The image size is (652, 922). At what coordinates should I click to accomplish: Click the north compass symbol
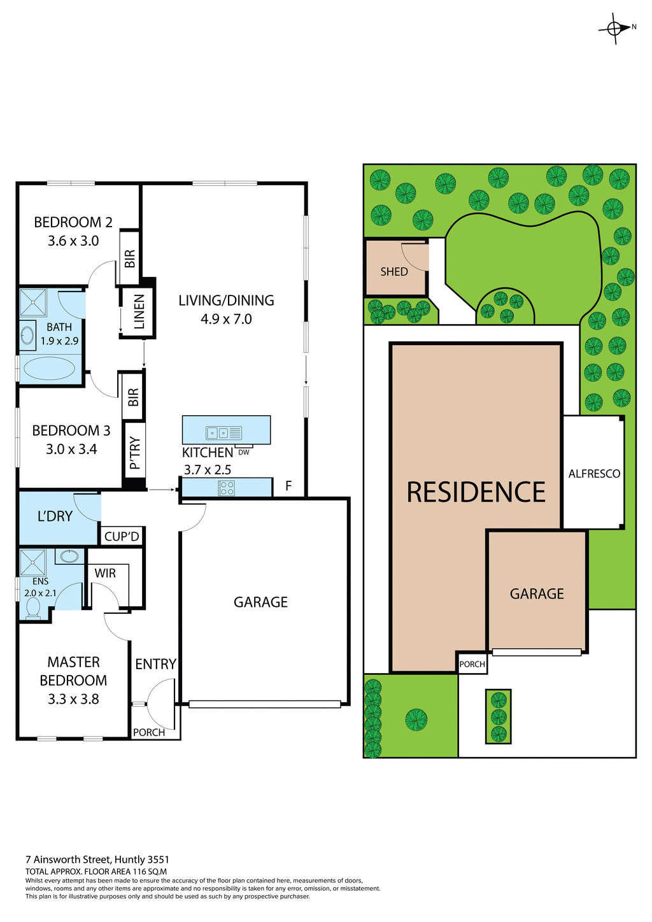tap(614, 28)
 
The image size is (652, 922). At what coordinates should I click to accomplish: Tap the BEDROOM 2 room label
tap(73, 222)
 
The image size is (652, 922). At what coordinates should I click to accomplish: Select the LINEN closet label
tap(139, 312)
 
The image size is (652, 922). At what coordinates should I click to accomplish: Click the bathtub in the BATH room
tap(49, 368)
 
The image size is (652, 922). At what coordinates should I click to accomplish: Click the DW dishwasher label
tap(244, 452)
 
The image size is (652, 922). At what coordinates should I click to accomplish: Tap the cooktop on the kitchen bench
tap(226, 488)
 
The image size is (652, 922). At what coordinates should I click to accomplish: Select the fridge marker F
tap(288, 486)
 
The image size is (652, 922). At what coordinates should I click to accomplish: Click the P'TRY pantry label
tap(134, 453)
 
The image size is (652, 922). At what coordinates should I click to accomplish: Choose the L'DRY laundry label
tap(55, 516)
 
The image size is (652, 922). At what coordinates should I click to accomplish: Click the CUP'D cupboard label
tap(122, 537)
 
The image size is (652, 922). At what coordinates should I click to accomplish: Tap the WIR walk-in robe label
tap(105, 573)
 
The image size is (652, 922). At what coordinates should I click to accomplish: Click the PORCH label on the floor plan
tap(149, 732)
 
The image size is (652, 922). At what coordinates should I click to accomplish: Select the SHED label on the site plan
tap(394, 272)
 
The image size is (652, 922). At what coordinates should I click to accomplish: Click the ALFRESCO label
tap(594, 474)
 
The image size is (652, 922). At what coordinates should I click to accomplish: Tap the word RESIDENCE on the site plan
tap(476, 492)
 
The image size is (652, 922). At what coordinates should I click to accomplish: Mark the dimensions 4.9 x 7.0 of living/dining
tap(226, 319)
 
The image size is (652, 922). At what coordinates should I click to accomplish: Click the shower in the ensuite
tap(32, 562)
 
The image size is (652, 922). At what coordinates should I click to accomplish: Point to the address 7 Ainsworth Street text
tap(97, 860)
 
